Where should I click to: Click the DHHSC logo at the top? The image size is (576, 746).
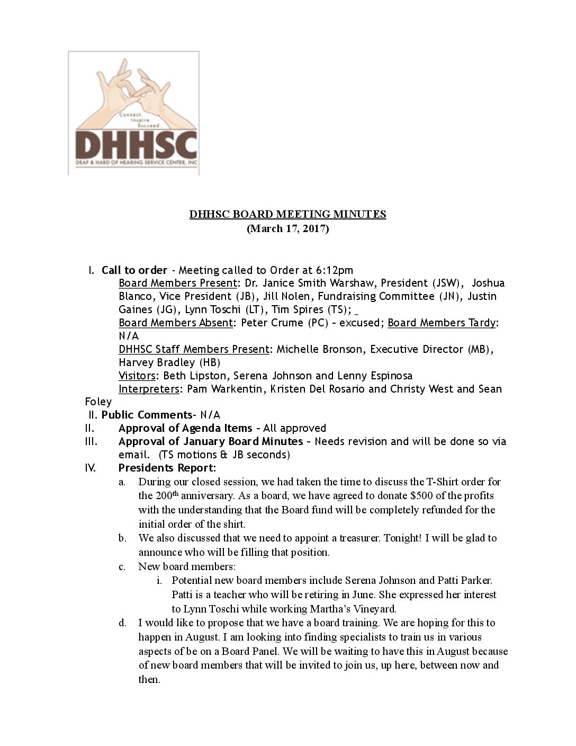(x=133, y=113)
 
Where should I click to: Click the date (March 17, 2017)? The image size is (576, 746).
(x=288, y=229)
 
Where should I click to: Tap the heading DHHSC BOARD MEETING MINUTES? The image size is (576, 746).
(x=288, y=214)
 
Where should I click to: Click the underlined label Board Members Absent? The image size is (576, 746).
(x=175, y=323)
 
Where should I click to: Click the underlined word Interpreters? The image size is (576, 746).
(x=149, y=389)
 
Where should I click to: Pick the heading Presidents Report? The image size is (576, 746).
(x=167, y=468)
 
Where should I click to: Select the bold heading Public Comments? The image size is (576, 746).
(x=146, y=415)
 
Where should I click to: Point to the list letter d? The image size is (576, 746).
(x=122, y=623)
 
